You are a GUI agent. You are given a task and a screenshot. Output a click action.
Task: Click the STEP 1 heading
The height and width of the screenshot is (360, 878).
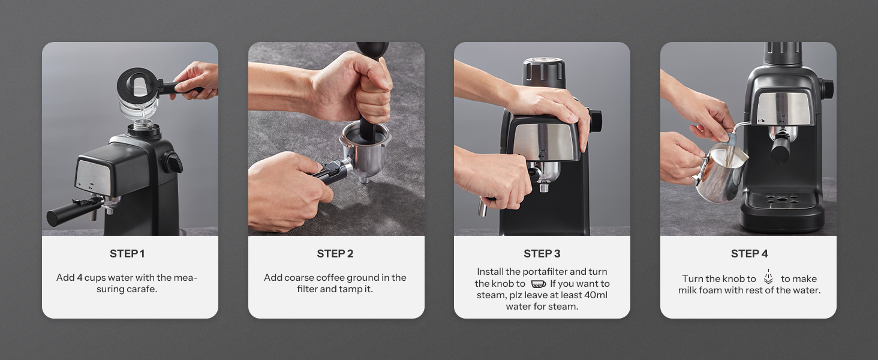[x=127, y=254]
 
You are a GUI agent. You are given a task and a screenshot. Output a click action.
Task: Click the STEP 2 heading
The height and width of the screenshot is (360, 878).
[x=335, y=254]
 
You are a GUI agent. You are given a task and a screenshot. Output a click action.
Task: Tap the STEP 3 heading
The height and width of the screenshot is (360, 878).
[x=542, y=254]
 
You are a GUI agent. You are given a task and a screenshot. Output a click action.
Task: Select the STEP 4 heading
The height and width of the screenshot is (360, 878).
[x=749, y=254]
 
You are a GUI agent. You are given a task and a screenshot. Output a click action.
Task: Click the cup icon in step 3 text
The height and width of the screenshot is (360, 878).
[x=538, y=284]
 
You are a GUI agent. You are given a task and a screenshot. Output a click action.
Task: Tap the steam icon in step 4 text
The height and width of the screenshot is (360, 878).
[x=768, y=277]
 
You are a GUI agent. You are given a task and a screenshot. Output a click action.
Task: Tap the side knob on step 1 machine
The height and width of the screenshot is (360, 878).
[x=173, y=162]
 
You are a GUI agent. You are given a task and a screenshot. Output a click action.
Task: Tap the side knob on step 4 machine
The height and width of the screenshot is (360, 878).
[x=826, y=89]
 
